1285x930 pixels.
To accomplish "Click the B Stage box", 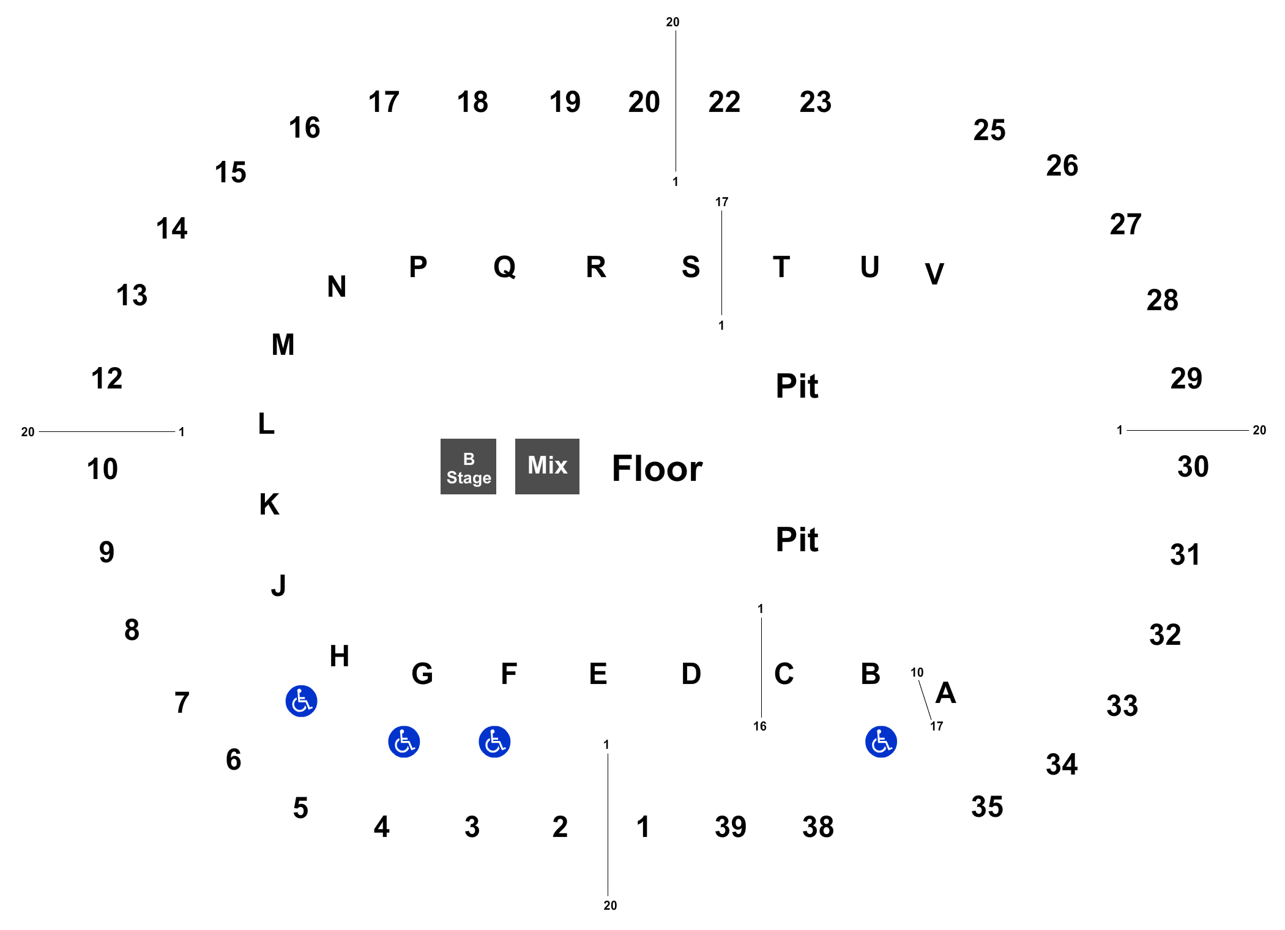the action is pyautogui.click(x=468, y=466).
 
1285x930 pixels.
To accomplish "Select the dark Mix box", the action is pyautogui.click(x=547, y=466).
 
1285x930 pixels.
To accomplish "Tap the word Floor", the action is pyautogui.click(x=657, y=469).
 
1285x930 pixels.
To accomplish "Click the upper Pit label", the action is pyautogui.click(x=797, y=386).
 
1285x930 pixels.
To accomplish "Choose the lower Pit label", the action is pyautogui.click(x=797, y=540).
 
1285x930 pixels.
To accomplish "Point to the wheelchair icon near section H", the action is pyautogui.click(x=301, y=701).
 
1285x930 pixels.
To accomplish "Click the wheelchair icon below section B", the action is pyautogui.click(x=881, y=742).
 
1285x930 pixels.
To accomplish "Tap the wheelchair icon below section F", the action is pyautogui.click(x=494, y=742).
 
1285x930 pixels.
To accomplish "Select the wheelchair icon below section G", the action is pyautogui.click(x=404, y=742).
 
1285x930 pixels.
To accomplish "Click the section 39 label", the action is pyautogui.click(x=731, y=827).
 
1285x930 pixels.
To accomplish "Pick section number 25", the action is pyautogui.click(x=989, y=130).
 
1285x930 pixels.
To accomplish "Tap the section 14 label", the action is pyautogui.click(x=171, y=229).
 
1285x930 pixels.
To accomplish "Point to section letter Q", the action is pyautogui.click(x=505, y=267).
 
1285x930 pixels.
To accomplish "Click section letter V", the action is pyautogui.click(x=934, y=274).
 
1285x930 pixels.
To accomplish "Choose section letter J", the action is pyautogui.click(x=278, y=586).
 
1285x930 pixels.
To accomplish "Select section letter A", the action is pyautogui.click(x=946, y=693).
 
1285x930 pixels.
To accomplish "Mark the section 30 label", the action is pyautogui.click(x=1193, y=467).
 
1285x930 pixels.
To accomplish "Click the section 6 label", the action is pyautogui.click(x=233, y=760).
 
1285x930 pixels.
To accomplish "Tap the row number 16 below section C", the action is pyautogui.click(x=760, y=726).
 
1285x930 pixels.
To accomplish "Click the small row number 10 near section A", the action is pyautogui.click(x=917, y=672).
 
